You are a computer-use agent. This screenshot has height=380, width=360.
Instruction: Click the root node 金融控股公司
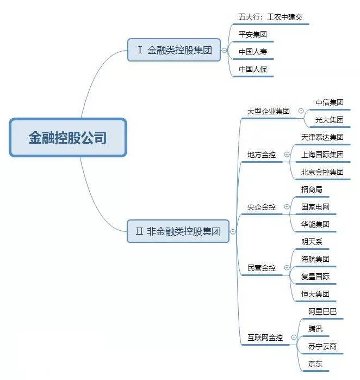[x=68, y=137]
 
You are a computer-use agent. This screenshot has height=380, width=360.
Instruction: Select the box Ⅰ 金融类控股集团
[x=174, y=50]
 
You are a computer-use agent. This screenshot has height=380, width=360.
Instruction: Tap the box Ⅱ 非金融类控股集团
[x=178, y=231]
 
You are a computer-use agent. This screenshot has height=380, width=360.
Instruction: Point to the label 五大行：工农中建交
[x=270, y=17]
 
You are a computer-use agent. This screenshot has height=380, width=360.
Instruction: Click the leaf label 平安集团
[x=253, y=34]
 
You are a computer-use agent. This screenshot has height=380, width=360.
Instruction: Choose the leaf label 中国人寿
[x=253, y=52]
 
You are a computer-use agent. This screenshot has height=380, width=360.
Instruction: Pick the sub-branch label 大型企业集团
[x=268, y=111]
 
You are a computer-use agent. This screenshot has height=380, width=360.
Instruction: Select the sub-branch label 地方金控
[x=262, y=155]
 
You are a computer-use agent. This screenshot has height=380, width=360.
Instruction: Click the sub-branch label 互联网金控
[x=265, y=338]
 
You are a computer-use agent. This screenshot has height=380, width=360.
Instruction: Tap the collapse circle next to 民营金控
[x=287, y=267]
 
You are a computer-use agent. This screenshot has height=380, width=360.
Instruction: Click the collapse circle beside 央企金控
[x=287, y=207]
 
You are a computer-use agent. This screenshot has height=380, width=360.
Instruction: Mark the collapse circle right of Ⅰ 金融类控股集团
[x=225, y=50]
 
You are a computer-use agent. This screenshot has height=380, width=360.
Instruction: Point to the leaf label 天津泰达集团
[x=322, y=137]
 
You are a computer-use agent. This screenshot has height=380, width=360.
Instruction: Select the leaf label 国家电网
[x=315, y=207]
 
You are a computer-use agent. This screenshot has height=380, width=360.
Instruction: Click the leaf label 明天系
[x=312, y=242]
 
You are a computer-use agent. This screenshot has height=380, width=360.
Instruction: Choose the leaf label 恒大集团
[x=315, y=294]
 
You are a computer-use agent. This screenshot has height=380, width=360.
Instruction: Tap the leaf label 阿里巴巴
[x=322, y=311]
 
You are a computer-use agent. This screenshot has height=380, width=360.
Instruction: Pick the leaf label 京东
[x=315, y=364]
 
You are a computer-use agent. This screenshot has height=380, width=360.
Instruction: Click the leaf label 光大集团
[x=329, y=120]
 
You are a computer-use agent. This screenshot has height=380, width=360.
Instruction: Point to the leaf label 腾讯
[x=315, y=329]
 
